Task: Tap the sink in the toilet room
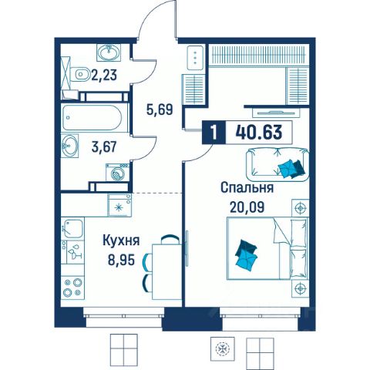pos(109,52)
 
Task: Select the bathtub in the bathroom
pos(92,117)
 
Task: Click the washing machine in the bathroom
pos(117,173)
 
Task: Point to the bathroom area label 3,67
pos(104,147)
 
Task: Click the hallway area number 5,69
pos(160,109)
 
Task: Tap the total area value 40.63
pos(259,132)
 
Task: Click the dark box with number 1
pos(214,133)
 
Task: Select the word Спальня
pos(247,187)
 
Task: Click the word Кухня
pos(121,240)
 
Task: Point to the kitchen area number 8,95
pos(121,260)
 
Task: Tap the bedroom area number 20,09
pos(247,207)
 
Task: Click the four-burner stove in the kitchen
pos(72,288)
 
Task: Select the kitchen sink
pos(72,228)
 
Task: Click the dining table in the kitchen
pos(167,271)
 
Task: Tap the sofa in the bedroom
pos(277,164)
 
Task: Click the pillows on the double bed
pos(246,255)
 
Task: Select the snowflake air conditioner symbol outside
pos(223,348)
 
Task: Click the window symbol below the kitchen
pos(124,348)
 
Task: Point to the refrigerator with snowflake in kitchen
pos(119,205)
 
